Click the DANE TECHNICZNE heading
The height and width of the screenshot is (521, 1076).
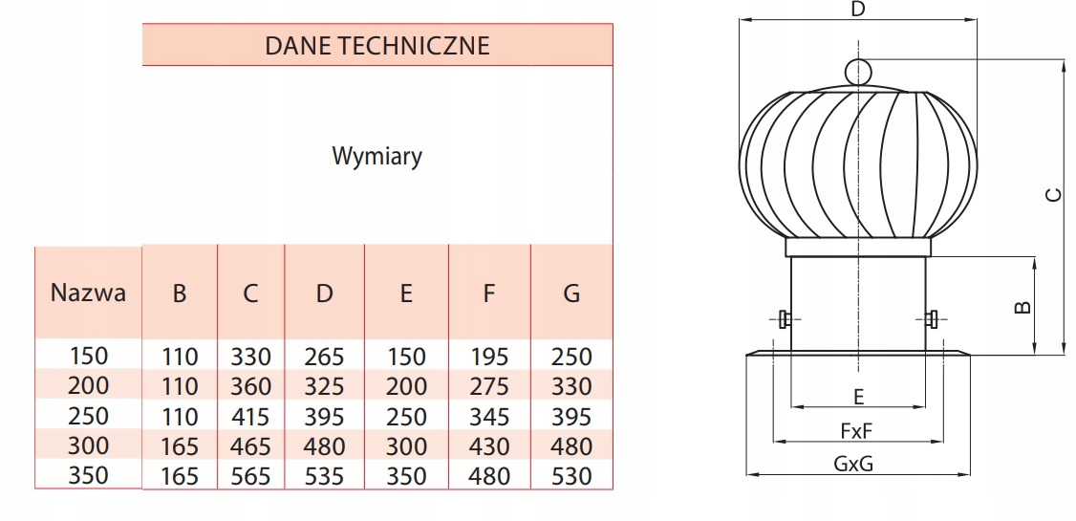pos(377,45)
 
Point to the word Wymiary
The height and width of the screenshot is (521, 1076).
pos(377,156)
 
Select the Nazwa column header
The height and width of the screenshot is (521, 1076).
pos(88,293)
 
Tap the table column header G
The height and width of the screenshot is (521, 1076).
pos(571,293)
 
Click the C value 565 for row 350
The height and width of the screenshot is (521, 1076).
pos(250,476)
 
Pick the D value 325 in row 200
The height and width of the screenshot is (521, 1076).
pos(324,387)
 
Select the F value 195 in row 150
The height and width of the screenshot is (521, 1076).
pos(489,358)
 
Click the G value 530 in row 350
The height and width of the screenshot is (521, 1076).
pos(571,476)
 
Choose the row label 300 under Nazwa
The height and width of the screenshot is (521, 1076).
pos(89,445)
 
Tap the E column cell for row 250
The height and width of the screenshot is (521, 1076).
pos(406,417)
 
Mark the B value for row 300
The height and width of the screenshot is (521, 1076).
pos(179,446)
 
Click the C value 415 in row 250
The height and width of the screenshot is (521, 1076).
pos(250,417)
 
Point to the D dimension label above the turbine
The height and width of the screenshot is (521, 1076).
pos(857,10)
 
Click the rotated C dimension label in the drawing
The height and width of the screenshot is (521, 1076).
pos(1053,195)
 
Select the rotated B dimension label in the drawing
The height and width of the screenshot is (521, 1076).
pos(1022,308)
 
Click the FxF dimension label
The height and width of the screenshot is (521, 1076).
pos(857,431)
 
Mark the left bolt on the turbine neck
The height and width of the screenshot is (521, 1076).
pos(784,319)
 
